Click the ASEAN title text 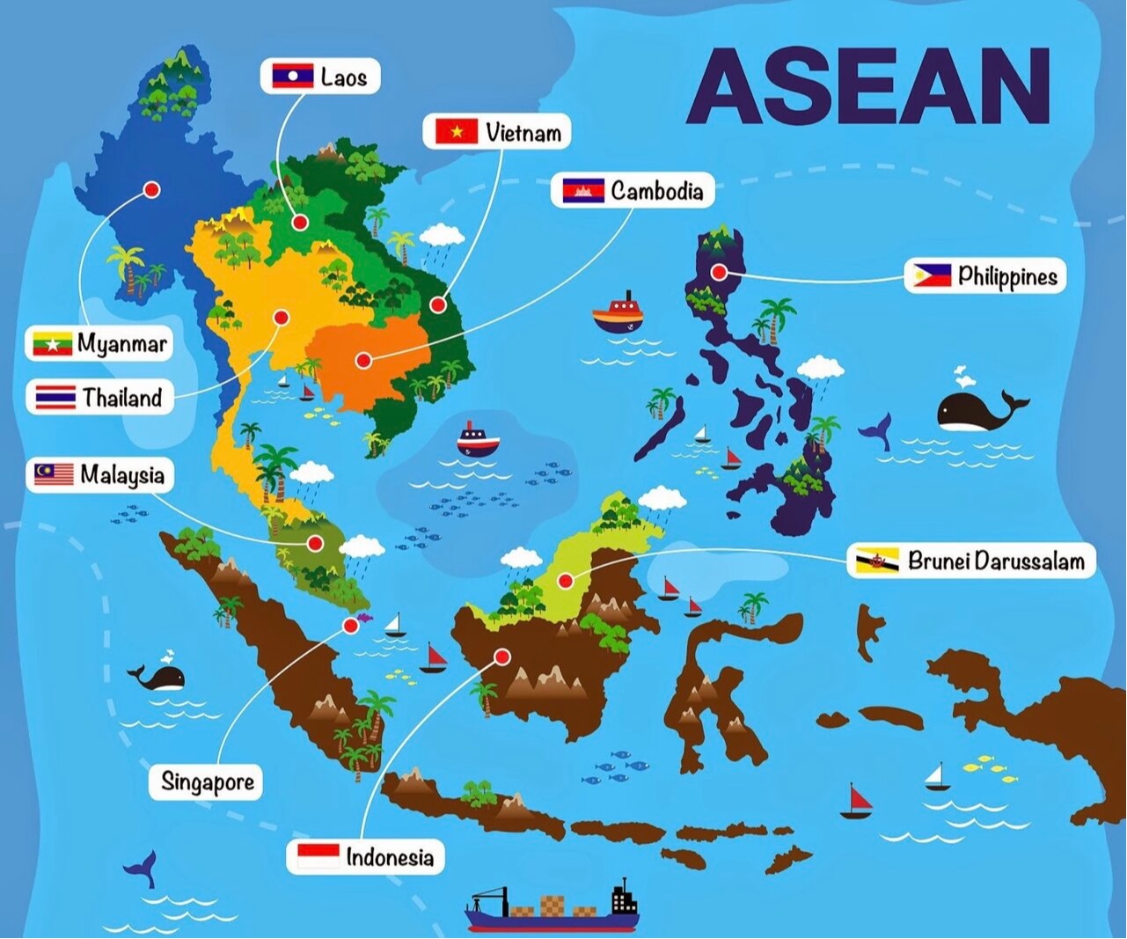(x=867, y=86)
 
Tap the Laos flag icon (x=293, y=76)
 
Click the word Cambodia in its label (x=657, y=191)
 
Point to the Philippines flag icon (x=931, y=276)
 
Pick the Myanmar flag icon (x=52, y=343)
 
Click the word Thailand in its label (x=122, y=398)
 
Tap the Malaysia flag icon (x=54, y=475)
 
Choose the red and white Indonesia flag (x=318, y=856)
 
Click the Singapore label (x=208, y=781)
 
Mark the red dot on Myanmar (x=151, y=189)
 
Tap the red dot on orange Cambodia (x=362, y=359)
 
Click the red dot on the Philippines (x=720, y=273)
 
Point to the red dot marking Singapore (x=350, y=626)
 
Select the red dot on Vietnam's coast (x=437, y=304)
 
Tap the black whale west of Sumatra (x=159, y=677)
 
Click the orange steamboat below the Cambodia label (x=618, y=313)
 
